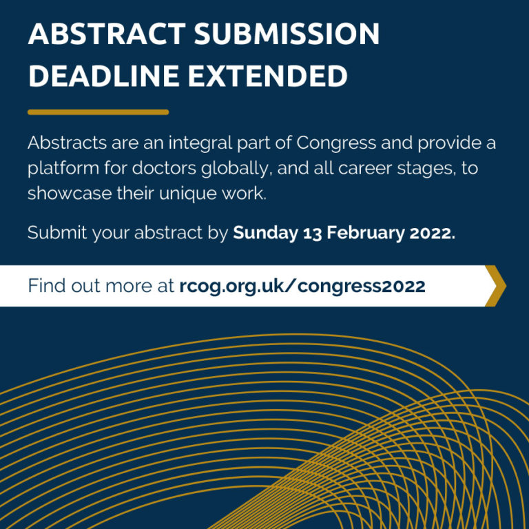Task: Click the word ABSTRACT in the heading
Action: point(107,34)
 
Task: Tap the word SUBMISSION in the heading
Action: point(287,34)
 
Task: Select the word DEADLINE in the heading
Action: point(104,76)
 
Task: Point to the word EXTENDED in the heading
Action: point(267,76)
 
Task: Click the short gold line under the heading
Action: point(98,112)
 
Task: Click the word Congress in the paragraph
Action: point(336,143)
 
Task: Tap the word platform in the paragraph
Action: point(63,168)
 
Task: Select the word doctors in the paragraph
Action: point(164,168)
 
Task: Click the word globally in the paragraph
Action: point(236,168)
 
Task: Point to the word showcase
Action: point(70,194)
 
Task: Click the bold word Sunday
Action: point(265,233)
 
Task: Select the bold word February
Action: point(365,233)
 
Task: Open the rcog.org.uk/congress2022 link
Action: point(302,287)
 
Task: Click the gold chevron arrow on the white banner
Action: point(496,286)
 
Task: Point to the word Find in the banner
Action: point(47,286)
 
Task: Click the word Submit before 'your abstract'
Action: point(57,233)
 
